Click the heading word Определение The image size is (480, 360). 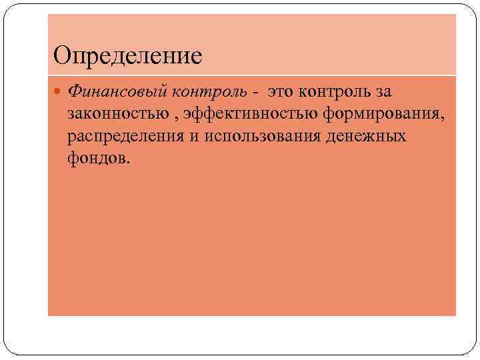tap(128, 55)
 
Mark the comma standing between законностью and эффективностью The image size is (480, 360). tap(177, 117)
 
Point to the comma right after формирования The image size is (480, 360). tap(440, 117)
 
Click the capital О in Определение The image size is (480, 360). tap(62, 55)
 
